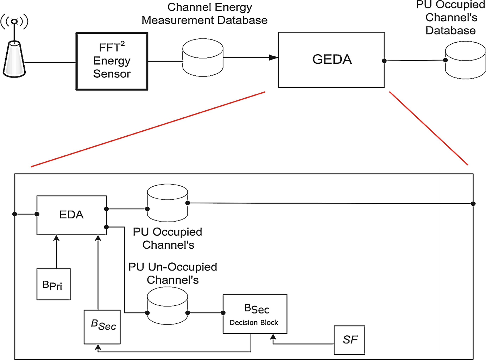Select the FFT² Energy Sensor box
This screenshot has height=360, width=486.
(x=112, y=61)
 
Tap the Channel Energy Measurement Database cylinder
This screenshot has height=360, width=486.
(x=203, y=58)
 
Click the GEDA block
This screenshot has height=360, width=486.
(x=331, y=60)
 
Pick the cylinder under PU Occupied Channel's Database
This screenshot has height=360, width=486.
(x=465, y=60)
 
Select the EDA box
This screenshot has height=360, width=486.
(x=71, y=215)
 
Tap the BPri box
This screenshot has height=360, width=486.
(x=53, y=284)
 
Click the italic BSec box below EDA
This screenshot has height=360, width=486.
(x=102, y=327)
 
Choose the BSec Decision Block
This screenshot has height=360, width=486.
(x=255, y=314)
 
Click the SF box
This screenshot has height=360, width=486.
(x=349, y=340)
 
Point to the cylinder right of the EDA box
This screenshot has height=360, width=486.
(x=167, y=203)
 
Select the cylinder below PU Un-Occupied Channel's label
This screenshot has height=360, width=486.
(x=167, y=306)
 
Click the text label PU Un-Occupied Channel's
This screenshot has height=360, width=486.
(x=172, y=273)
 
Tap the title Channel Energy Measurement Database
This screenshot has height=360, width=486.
(x=204, y=14)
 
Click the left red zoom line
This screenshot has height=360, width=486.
(x=148, y=129)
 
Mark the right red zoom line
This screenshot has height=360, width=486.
(x=429, y=128)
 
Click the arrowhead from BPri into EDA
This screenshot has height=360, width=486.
(x=56, y=238)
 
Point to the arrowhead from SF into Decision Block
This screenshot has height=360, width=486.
(x=273, y=337)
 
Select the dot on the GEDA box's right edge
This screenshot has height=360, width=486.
(x=384, y=61)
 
